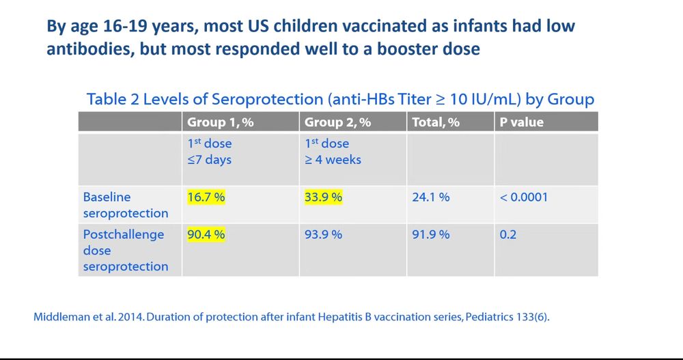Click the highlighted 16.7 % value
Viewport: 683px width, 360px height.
(x=206, y=197)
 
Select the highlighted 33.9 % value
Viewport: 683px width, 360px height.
(x=323, y=197)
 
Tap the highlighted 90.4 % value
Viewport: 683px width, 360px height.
(x=206, y=234)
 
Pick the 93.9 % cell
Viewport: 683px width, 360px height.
(x=323, y=234)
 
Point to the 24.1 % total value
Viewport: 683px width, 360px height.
(x=430, y=197)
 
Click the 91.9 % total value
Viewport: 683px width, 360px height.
(x=430, y=234)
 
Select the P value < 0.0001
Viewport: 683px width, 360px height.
(x=524, y=197)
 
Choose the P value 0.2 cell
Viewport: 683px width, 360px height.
(x=508, y=234)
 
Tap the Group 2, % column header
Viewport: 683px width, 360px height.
(x=337, y=123)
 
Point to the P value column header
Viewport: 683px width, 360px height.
(x=522, y=123)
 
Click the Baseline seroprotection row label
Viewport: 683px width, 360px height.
(x=126, y=205)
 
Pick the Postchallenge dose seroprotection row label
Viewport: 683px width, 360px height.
(x=126, y=250)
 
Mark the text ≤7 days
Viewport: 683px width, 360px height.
(x=210, y=160)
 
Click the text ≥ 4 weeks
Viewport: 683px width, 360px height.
(x=333, y=160)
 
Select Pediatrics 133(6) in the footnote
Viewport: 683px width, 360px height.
(x=505, y=317)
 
